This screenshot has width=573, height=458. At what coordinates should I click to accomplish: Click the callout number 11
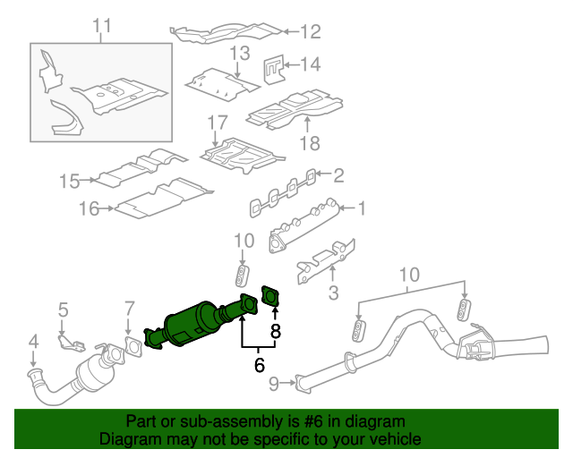tap(102, 25)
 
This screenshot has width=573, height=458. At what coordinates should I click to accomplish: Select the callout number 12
tap(310, 33)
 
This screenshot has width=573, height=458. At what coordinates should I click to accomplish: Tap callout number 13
tap(237, 54)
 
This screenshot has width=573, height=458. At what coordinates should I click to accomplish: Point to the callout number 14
tap(310, 64)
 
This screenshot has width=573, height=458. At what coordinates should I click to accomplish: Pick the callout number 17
tap(218, 122)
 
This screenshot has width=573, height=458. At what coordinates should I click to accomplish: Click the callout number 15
tap(70, 182)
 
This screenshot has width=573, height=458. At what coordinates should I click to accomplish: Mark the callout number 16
tap(88, 209)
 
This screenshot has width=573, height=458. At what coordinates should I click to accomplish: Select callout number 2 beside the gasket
tap(339, 174)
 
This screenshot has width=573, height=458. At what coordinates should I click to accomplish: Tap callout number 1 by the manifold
tap(362, 209)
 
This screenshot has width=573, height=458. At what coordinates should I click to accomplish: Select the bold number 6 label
tap(260, 364)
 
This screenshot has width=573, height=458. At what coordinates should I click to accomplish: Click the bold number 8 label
tap(276, 331)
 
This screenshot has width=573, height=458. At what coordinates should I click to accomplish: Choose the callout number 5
tap(63, 310)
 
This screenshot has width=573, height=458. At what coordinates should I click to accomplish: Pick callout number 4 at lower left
tap(33, 341)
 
